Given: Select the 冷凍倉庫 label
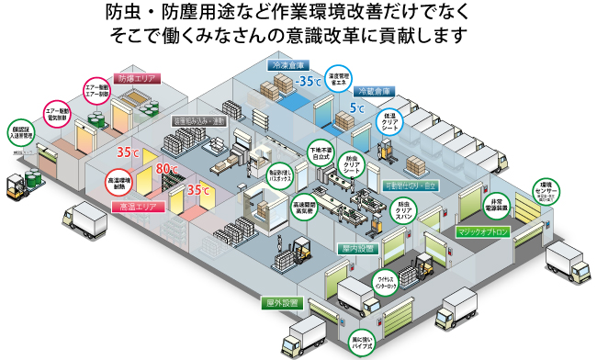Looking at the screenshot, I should click(x=287, y=66).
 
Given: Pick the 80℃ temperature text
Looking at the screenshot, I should click(x=168, y=169).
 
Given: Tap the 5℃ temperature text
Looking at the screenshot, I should click(x=357, y=108).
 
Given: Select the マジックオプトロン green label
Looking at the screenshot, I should click(x=482, y=232).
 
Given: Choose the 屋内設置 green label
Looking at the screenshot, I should click(x=353, y=248).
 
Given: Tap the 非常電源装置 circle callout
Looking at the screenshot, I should click(x=497, y=205).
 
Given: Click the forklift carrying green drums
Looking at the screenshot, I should click(x=23, y=183).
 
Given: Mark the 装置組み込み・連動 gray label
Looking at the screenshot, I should click(x=199, y=120).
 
